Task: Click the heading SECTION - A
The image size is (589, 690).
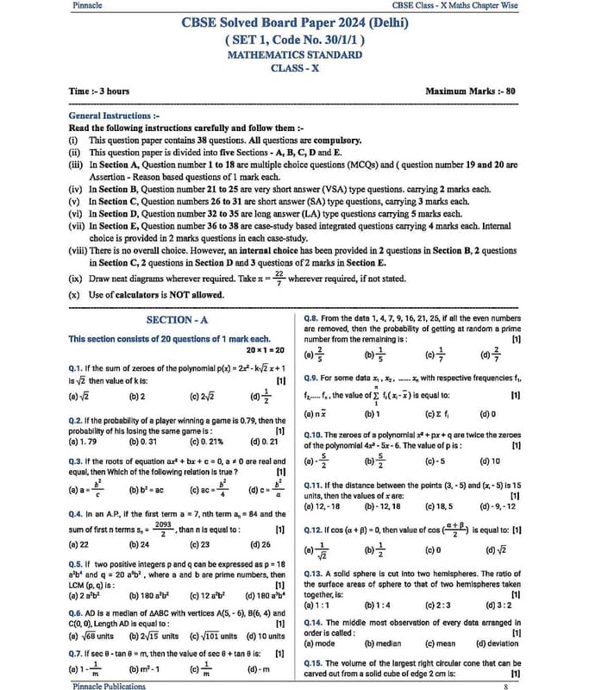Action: [x=179, y=320]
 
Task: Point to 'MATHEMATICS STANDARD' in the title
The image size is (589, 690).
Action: [x=294, y=53]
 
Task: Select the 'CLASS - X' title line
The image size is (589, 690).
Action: [x=294, y=67]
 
